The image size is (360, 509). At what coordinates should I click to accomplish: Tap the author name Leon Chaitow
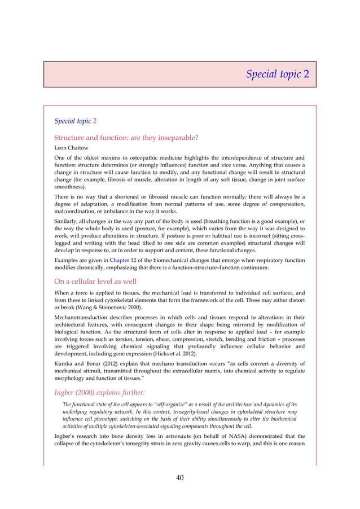pos(72,148)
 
